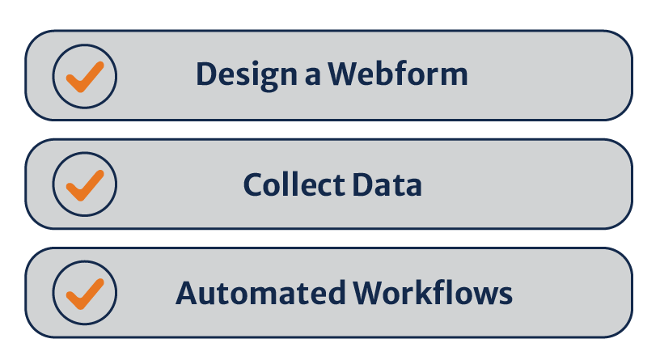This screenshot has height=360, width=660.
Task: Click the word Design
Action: [247, 75]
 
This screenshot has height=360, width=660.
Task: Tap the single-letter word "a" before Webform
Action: [312, 76]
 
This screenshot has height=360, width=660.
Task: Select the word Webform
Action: [398, 75]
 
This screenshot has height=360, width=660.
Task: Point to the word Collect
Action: [293, 185]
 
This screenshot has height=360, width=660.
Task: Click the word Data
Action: [387, 185]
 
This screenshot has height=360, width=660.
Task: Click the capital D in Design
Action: [206, 75]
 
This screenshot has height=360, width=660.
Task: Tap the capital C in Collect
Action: [254, 185]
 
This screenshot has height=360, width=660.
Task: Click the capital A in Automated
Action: [187, 293]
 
